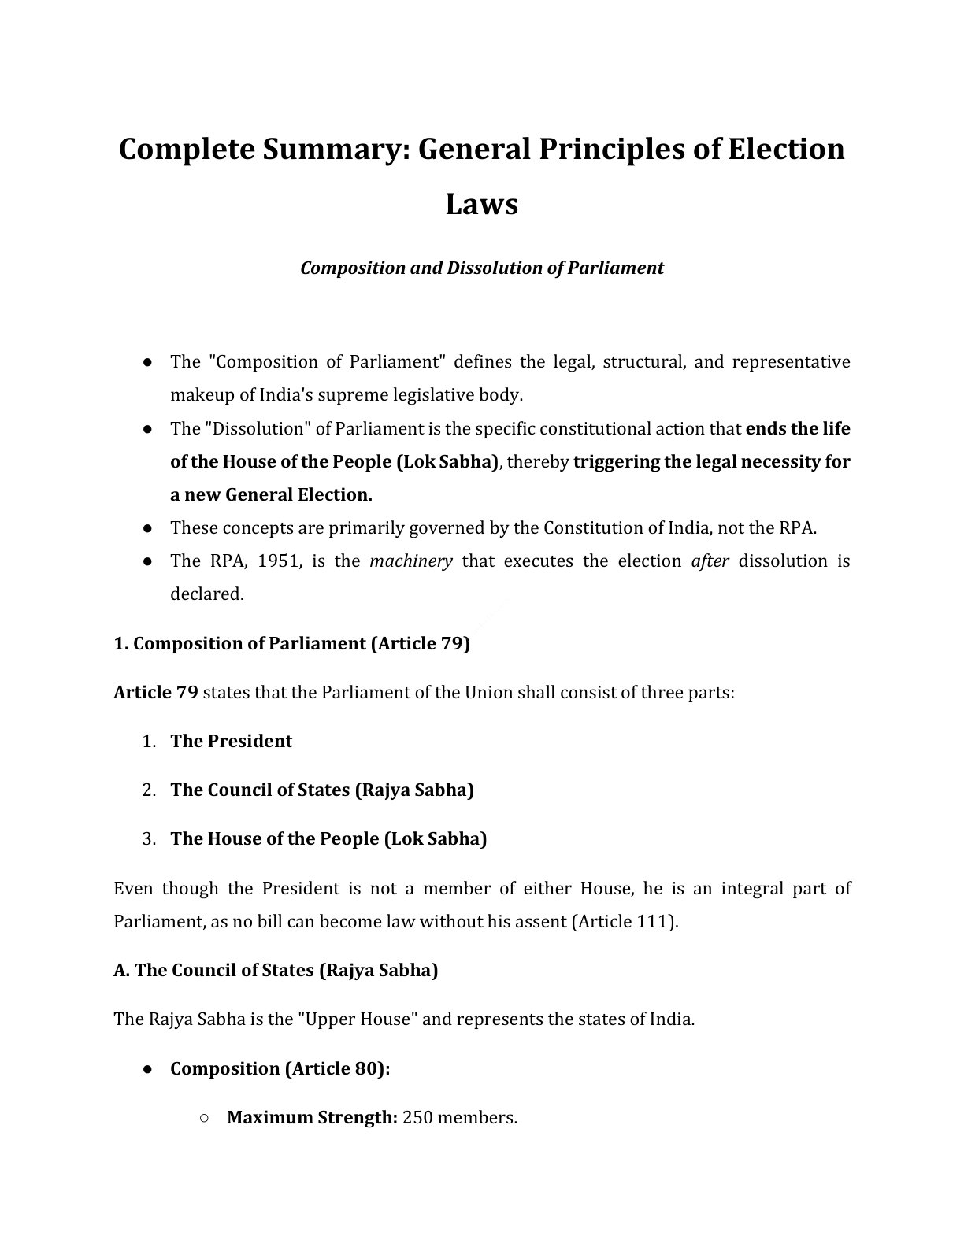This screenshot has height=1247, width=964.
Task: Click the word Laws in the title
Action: coord(481,204)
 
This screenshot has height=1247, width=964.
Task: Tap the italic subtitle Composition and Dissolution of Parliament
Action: coord(481,268)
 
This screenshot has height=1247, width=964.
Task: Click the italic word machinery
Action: coord(410,561)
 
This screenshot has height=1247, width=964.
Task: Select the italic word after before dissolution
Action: coord(710,561)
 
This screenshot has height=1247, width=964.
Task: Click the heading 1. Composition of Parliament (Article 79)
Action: coord(291,643)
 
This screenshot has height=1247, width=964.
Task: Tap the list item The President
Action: coord(231,741)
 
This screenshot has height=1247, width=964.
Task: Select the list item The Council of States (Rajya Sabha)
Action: coord(321,790)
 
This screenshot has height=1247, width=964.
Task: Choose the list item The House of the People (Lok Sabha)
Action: coord(328,838)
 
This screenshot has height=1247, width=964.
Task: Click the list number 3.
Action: coord(149,838)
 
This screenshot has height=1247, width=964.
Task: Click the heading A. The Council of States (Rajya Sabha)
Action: coord(276,970)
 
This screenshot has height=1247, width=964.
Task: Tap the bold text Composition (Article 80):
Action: coord(280,1068)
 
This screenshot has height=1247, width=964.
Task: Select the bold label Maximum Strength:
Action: coord(312,1117)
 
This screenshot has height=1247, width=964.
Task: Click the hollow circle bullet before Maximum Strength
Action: coord(203,1118)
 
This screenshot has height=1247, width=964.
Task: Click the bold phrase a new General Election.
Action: coord(271,495)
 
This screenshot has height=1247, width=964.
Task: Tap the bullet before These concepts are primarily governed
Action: coord(147,528)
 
